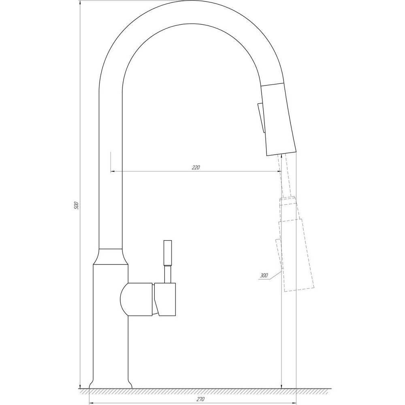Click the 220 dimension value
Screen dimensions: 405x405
tap(196, 167)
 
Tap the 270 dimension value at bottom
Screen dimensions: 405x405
tap(200, 399)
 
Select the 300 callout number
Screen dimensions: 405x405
tap(264, 275)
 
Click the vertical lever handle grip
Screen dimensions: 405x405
tap(167, 253)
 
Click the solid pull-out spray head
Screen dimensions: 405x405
tap(279, 119)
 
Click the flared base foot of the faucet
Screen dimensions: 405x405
tap(111, 383)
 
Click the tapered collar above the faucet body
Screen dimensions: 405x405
tap(111, 257)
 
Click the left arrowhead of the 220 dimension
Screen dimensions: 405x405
tap(113, 172)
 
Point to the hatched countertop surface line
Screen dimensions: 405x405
tap(202, 390)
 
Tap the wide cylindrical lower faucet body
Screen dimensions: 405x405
tap(111, 324)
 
